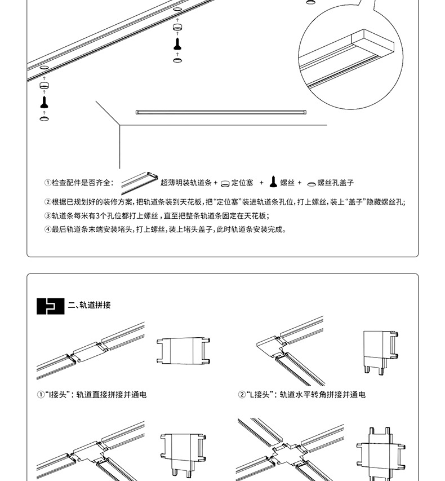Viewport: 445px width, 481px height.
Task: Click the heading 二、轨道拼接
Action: click(89, 306)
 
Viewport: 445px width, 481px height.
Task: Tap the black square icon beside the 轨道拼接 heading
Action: click(51, 306)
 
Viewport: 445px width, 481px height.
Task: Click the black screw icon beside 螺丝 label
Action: click(272, 182)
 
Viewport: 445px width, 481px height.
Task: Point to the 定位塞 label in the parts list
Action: click(243, 183)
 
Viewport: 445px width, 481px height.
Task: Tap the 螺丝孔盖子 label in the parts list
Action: click(336, 183)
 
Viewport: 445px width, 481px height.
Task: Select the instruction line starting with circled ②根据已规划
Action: click(225, 202)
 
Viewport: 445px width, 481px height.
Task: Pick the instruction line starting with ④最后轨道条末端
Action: click(166, 230)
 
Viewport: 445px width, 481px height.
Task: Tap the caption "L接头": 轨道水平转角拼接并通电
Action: click(302, 395)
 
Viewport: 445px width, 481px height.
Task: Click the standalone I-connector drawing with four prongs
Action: click(184, 350)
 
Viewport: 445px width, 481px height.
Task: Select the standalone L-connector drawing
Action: click(377, 351)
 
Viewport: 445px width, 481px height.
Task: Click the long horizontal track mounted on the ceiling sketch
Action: click(221, 112)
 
